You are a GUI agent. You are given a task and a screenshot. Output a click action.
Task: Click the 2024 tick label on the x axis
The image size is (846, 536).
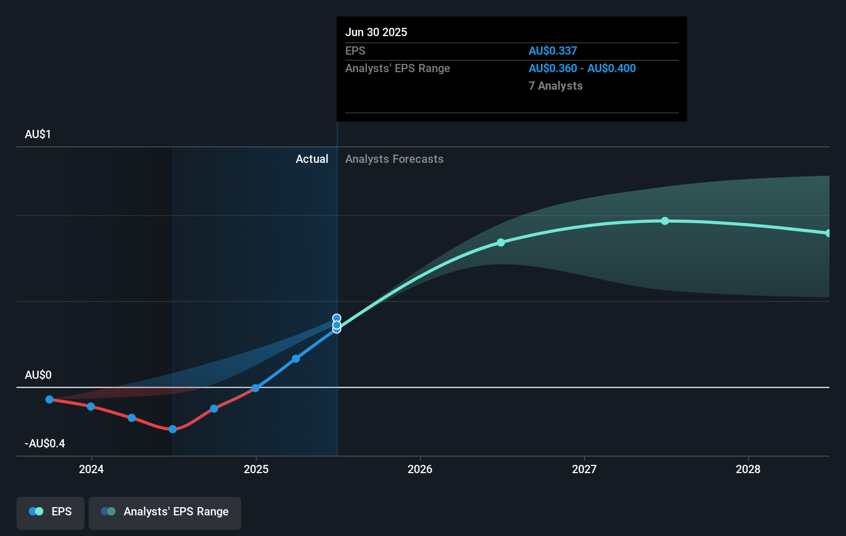[91, 469]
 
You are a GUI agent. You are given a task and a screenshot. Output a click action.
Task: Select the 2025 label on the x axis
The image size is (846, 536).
[256, 469]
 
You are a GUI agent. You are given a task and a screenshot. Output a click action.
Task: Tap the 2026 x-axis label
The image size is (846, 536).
[420, 469]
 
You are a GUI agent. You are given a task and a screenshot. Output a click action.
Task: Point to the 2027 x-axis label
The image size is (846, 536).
[584, 469]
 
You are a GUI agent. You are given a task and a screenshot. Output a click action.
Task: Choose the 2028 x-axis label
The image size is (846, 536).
[748, 469]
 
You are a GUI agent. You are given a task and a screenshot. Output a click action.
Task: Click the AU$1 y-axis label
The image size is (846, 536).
[38, 135]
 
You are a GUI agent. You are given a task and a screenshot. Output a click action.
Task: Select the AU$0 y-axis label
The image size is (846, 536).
[38, 375]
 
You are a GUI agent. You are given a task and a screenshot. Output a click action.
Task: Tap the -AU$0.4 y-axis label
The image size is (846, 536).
[45, 443]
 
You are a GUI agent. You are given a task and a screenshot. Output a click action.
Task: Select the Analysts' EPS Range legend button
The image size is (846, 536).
[165, 512]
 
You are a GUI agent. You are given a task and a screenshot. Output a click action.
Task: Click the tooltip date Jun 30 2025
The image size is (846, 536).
[376, 32]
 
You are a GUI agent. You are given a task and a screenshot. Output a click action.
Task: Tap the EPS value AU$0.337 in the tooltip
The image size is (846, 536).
[552, 51]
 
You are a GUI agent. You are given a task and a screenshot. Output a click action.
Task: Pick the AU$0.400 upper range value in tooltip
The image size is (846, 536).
[612, 68]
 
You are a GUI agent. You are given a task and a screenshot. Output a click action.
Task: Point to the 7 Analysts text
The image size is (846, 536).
[555, 86]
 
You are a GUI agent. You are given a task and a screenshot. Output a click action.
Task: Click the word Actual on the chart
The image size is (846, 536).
[312, 159]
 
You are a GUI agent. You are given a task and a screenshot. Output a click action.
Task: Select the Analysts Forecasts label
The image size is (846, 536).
[394, 159]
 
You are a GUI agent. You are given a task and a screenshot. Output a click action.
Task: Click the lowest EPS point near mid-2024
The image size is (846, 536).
[173, 429]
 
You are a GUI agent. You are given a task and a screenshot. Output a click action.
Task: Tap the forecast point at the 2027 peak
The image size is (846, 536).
[665, 221]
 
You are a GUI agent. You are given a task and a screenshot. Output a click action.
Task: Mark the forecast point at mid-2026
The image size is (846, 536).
[501, 242]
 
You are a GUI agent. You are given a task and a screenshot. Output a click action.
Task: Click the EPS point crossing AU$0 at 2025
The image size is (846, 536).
[255, 388]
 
